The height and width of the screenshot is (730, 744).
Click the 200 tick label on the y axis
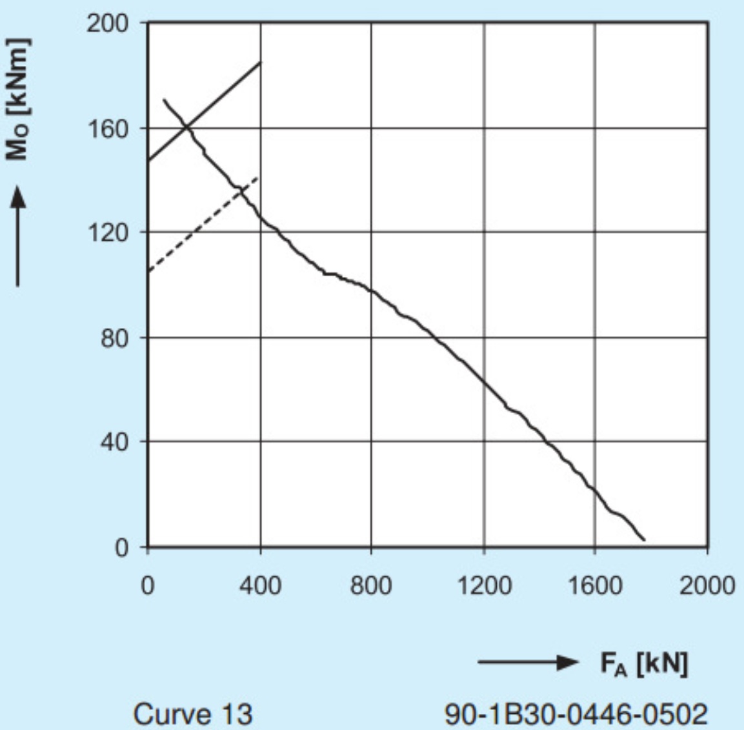pyautogui.click(x=108, y=24)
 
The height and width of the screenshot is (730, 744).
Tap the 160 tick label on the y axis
pyautogui.click(x=108, y=128)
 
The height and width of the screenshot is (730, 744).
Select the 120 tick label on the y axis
pyautogui.click(x=108, y=232)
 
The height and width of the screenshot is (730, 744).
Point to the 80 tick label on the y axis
pyautogui.click(x=115, y=338)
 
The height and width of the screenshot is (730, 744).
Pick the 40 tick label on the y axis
pyautogui.click(x=115, y=442)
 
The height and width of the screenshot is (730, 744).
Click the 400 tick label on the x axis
pyautogui.click(x=260, y=585)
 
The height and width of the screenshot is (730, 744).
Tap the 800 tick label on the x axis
pyautogui.click(x=371, y=585)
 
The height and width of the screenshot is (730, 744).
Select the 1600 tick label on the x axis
pyautogui.click(x=595, y=585)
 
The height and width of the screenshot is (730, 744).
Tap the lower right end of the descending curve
pyautogui.click(x=643, y=540)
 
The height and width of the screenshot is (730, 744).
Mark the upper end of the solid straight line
pyautogui.click(x=261, y=62)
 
